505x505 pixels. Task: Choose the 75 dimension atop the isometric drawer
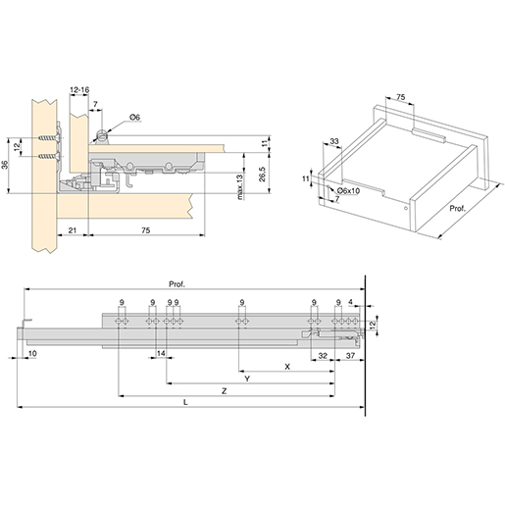click(x=400, y=96)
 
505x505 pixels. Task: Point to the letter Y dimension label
click(x=247, y=378)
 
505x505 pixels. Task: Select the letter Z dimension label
click(x=225, y=391)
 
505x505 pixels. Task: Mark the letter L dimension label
click(x=186, y=405)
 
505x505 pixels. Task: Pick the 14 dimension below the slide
click(x=160, y=352)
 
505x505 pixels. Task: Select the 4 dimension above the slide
click(x=351, y=302)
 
